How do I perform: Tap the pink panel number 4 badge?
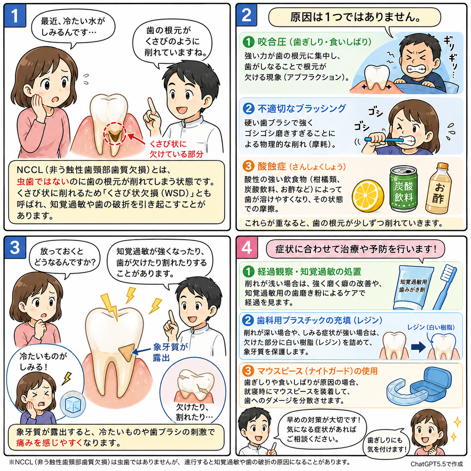point(246,248)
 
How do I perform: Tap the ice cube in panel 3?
point(72,403)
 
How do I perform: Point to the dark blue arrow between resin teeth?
point(418,347)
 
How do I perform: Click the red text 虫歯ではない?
point(43,181)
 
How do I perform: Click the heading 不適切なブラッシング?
point(302,109)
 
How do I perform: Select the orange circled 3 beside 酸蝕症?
point(248,166)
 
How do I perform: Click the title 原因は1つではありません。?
point(355,17)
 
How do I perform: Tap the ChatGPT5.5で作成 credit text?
point(436,464)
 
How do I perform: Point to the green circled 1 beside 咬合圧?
point(248,42)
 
